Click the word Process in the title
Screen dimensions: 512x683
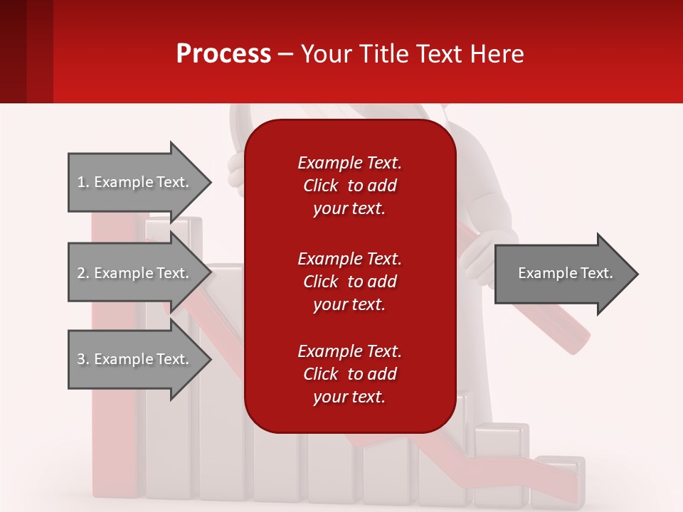pyautogui.click(x=223, y=54)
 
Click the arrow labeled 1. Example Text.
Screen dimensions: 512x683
pyautogui.click(x=135, y=182)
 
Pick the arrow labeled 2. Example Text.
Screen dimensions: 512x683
pyautogui.click(x=135, y=273)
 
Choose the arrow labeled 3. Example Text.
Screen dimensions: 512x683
pyautogui.click(x=135, y=359)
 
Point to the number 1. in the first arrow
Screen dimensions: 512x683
pyautogui.click(x=83, y=182)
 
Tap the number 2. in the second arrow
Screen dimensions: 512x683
pyautogui.click(x=83, y=273)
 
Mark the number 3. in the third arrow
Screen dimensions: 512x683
pyautogui.click(x=83, y=359)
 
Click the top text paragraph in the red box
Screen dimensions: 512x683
pyautogui.click(x=349, y=186)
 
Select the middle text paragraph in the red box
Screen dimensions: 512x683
pyautogui.click(x=349, y=282)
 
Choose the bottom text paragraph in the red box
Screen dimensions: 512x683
pyautogui.click(x=349, y=374)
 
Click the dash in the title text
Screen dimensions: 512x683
pyautogui.click(x=286, y=55)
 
